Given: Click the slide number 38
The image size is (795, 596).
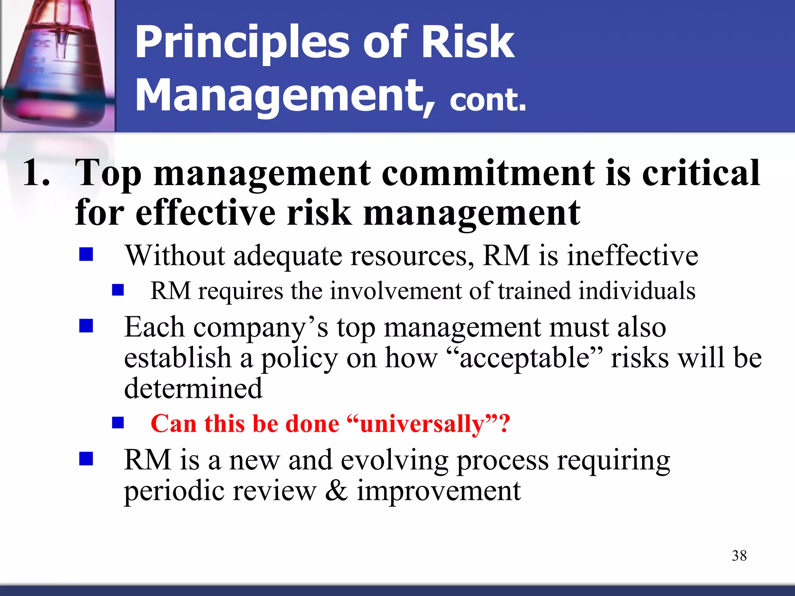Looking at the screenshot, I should click(x=739, y=556).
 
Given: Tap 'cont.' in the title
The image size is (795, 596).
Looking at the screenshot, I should click(x=488, y=100).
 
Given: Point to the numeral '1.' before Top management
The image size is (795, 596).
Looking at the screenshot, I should click(x=36, y=173).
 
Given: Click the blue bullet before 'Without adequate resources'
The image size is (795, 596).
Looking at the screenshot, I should click(x=86, y=255).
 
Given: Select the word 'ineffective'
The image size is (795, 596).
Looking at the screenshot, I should click(x=633, y=256).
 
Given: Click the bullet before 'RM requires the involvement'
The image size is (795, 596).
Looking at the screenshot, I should click(x=118, y=290).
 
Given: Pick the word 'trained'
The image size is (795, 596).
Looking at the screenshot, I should click(x=535, y=291).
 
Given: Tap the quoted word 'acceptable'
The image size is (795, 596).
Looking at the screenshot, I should click(x=524, y=358).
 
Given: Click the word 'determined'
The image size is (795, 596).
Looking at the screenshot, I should click(x=193, y=388).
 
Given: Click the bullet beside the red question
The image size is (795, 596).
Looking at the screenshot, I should click(x=118, y=423).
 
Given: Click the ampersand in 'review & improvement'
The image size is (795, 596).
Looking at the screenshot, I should click(x=336, y=491).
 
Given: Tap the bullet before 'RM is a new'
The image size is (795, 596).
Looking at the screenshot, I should click(x=86, y=459).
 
